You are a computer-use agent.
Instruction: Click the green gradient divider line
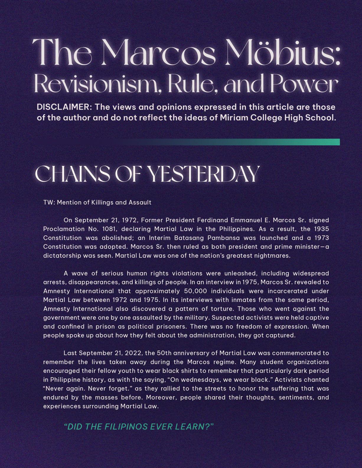coord(236,142)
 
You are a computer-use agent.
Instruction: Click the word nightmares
coord(273,256)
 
